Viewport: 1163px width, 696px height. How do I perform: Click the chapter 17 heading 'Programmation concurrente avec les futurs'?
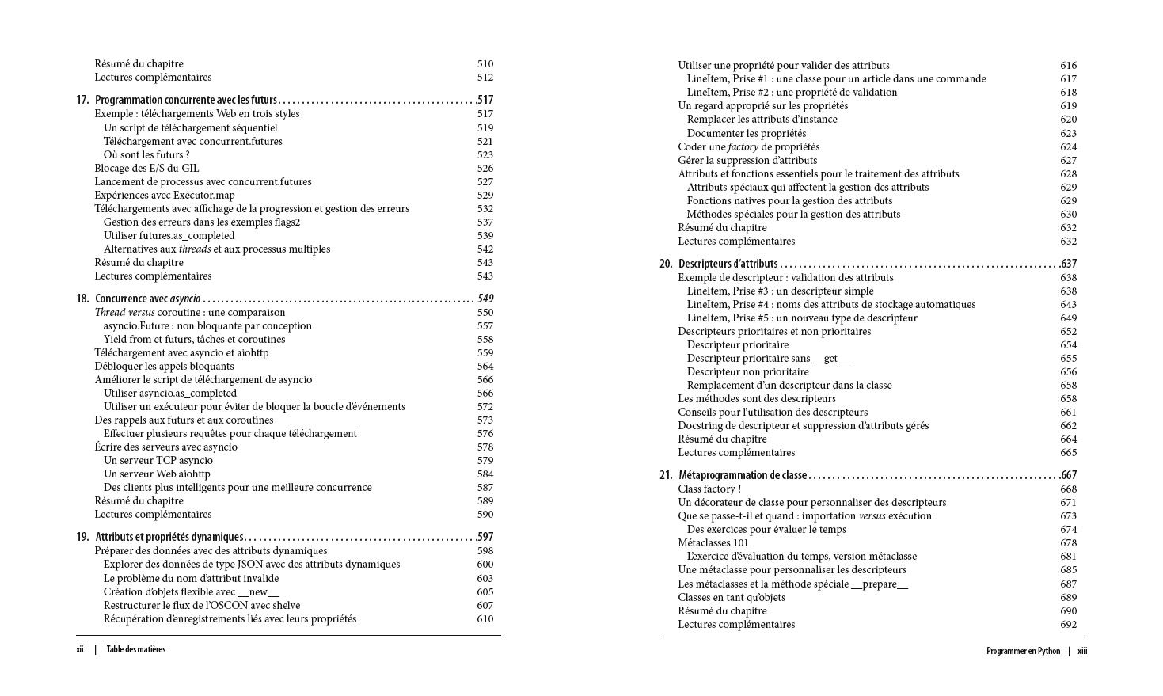tap(186, 100)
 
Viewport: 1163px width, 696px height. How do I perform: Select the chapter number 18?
tap(82, 299)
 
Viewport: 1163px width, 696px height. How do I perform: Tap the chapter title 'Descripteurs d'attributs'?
tap(728, 264)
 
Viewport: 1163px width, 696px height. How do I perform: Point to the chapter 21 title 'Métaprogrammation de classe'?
tap(743, 475)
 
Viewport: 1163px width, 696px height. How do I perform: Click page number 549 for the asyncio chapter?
tap(485, 299)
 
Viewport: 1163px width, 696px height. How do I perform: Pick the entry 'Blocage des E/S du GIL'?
tap(146, 168)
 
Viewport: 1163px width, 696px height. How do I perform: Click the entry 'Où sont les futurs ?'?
tap(146, 154)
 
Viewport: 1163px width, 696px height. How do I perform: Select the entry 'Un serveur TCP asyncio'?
tap(158, 460)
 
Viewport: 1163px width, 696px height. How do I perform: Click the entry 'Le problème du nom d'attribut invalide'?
tap(191, 578)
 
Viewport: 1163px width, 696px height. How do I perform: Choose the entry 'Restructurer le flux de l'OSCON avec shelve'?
tap(202, 605)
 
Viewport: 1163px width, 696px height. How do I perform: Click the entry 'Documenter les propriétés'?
tap(746, 133)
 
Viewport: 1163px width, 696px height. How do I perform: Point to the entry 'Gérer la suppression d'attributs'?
tap(747, 160)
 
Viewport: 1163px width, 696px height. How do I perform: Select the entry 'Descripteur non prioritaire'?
tap(747, 371)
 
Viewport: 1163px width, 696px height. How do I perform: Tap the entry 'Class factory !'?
tap(709, 489)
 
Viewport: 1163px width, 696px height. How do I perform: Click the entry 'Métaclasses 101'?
tap(713, 542)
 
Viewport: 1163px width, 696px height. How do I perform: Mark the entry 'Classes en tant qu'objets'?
tap(732, 597)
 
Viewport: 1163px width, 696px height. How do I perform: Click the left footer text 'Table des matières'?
tap(136, 649)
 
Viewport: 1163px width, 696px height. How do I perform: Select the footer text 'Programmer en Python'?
tap(1023, 651)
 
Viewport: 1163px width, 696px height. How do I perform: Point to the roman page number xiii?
tap(1082, 651)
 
